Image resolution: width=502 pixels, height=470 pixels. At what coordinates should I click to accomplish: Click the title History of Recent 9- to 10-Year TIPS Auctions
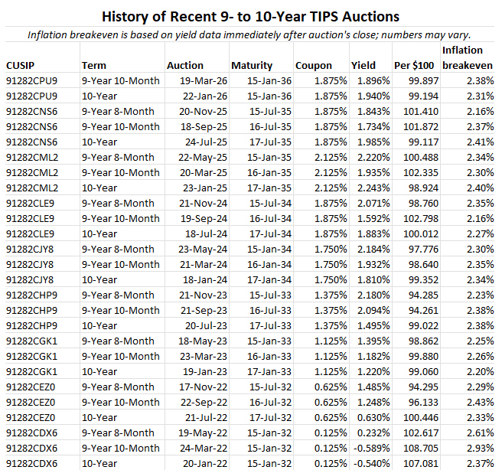coord(251,15)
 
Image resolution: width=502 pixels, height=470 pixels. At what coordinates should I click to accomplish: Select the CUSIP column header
coord(22,66)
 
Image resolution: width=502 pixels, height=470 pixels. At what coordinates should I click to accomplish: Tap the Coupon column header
coord(313,66)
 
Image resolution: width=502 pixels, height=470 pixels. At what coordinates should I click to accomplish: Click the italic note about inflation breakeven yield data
coord(249,35)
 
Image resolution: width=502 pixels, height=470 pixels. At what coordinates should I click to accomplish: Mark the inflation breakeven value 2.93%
coord(478,448)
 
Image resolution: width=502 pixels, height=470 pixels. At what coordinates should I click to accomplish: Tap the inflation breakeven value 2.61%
coord(478,432)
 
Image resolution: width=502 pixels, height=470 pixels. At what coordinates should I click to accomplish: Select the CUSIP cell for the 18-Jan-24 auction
coord(31,279)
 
